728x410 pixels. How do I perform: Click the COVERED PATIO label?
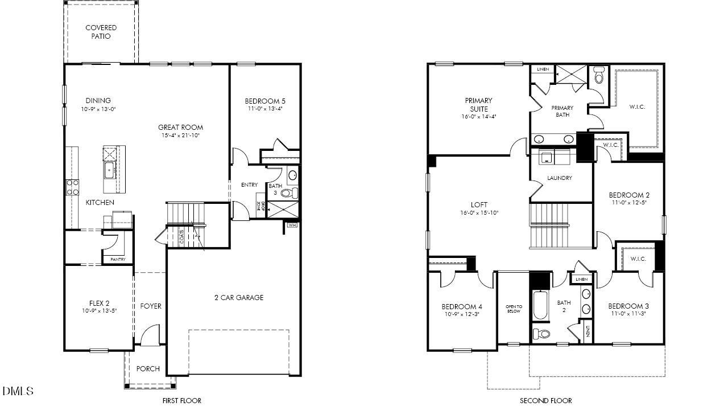click(x=101, y=32)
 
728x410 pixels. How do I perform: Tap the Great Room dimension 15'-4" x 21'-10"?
click(x=180, y=136)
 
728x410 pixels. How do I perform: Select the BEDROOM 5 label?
click(x=266, y=101)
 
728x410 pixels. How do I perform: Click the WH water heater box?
click(x=292, y=225)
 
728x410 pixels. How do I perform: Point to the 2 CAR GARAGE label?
click(x=239, y=297)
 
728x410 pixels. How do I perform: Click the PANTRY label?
click(x=118, y=260)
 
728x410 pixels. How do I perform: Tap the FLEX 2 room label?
click(x=98, y=303)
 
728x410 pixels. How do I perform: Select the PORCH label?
click(x=148, y=368)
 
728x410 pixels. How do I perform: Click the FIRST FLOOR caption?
click(x=182, y=400)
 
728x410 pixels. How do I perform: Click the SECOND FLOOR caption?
click(x=545, y=400)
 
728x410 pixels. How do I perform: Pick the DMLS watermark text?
click(x=18, y=391)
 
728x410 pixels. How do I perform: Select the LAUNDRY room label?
click(x=560, y=178)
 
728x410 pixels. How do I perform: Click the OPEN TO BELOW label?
click(x=514, y=309)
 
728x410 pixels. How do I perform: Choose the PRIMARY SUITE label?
click(x=479, y=105)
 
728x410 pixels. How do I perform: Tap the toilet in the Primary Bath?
click(x=598, y=76)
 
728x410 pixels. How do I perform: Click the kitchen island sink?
click(x=109, y=169)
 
